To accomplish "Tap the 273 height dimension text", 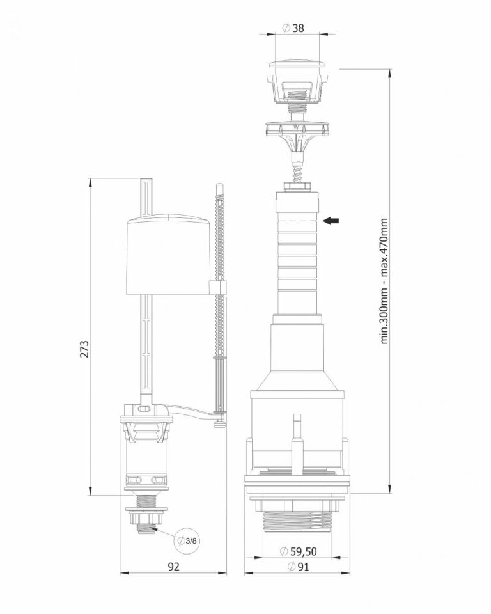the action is point(84,349).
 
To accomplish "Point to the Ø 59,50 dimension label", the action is point(299,551).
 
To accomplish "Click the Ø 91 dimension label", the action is point(298,566).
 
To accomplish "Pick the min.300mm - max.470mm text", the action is point(384,281).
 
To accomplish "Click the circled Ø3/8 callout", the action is point(187,541).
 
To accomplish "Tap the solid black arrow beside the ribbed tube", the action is point(331,221).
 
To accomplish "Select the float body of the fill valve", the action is point(168,254).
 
